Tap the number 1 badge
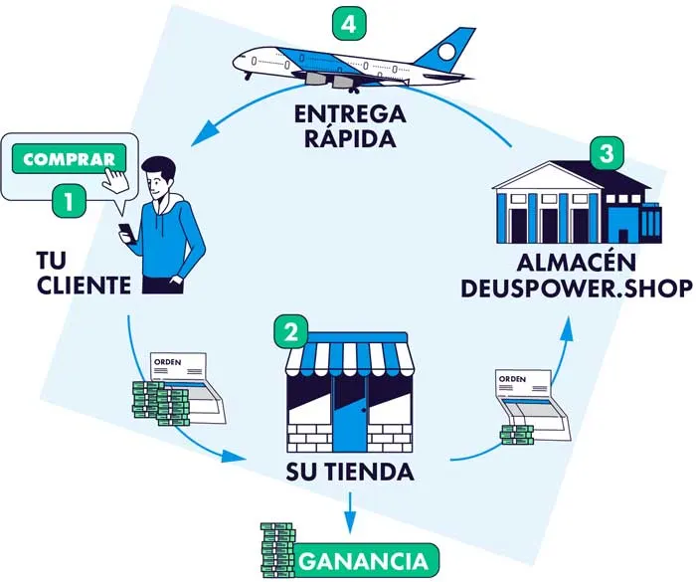tap(69, 202)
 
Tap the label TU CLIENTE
tap(78, 273)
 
